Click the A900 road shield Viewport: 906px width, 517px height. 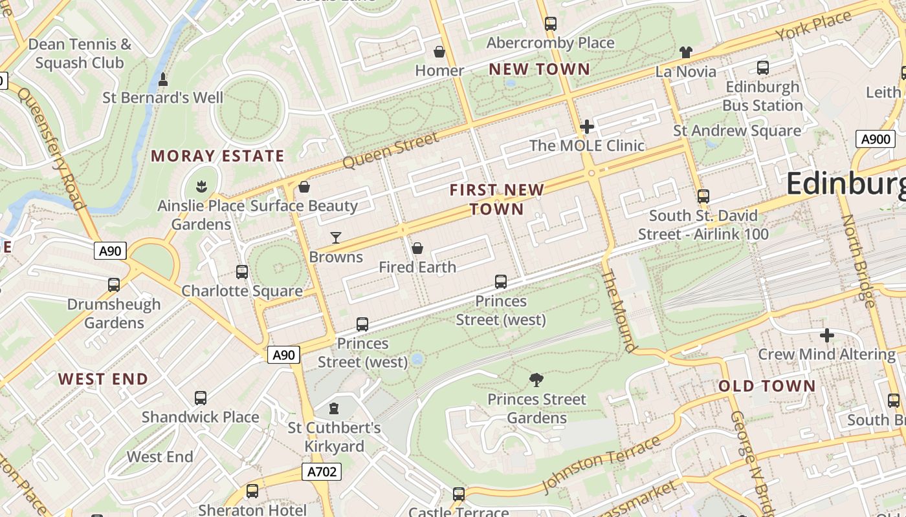[x=876, y=139]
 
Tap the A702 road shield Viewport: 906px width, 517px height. [x=321, y=472]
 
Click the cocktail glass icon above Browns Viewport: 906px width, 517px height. [x=335, y=238]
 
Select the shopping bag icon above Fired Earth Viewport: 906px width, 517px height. [x=417, y=248]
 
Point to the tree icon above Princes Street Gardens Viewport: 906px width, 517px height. [x=536, y=379]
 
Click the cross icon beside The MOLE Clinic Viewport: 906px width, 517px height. [x=587, y=127]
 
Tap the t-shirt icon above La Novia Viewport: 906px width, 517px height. [x=686, y=52]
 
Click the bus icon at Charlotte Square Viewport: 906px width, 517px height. [x=242, y=272]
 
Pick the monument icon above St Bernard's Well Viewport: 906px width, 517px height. [x=163, y=79]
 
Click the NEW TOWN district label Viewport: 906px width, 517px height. [x=539, y=69]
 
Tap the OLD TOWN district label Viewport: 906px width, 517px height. [x=767, y=386]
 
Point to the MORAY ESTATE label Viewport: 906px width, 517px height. [x=217, y=156]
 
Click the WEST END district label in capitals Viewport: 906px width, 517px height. [x=104, y=379]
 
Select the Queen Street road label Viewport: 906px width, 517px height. [x=390, y=151]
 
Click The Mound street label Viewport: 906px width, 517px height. [x=618, y=311]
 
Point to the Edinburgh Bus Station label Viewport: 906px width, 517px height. [x=762, y=96]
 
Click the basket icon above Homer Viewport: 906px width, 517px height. [x=439, y=52]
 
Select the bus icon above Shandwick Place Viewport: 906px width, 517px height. [x=201, y=398]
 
